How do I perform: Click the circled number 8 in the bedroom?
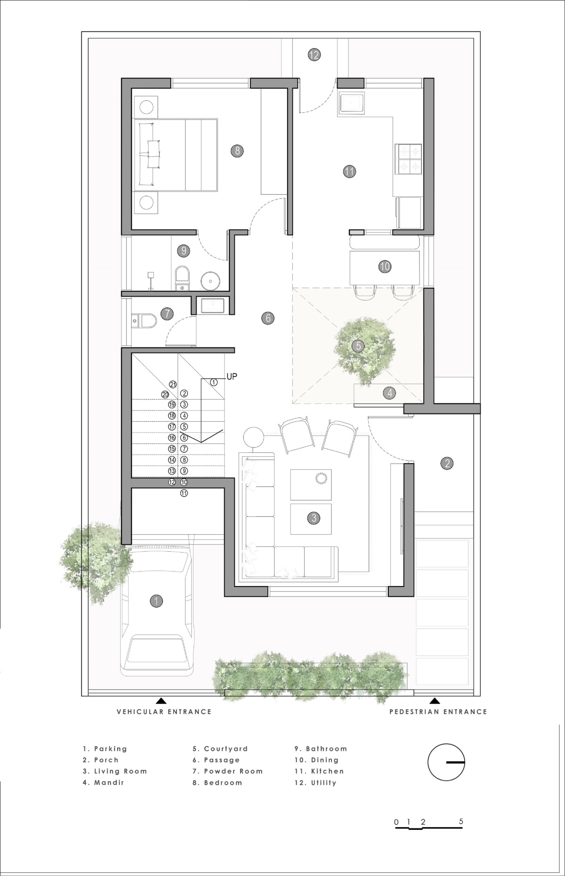(237, 151)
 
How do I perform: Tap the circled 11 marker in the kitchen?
(349, 171)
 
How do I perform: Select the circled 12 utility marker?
(314, 55)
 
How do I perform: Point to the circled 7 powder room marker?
(166, 313)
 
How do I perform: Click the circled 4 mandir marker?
(389, 393)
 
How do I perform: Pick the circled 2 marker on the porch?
(447, 463)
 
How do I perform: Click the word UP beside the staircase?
(232, 376)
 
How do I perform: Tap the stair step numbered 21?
(173, 385)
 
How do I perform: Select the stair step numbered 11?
(184, 493)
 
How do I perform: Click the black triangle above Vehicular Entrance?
(161, 700)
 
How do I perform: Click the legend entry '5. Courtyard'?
(220, 748)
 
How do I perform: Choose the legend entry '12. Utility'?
(315, 783)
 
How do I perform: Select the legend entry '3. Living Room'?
(115, 771)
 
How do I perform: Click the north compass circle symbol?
(446, 762)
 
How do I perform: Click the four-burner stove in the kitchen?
(408, 159)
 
